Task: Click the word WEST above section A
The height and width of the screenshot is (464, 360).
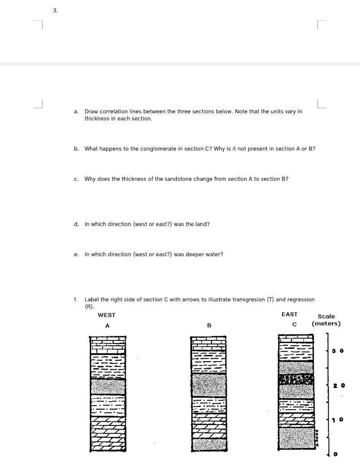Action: (107, 315)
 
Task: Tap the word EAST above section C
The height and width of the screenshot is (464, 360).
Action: (289, 314)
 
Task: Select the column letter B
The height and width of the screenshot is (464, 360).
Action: (209, 325)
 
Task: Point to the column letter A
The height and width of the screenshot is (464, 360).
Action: (107, 325)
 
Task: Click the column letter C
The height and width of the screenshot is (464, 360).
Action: (294, 324)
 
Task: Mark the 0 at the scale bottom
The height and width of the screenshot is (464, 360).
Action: (336, 454)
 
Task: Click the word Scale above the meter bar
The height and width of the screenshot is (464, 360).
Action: (326, 316)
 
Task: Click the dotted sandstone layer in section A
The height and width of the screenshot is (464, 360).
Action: (107, 386)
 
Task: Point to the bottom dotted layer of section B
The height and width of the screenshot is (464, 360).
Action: (209, 444)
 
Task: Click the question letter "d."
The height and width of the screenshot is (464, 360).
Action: (76, 224)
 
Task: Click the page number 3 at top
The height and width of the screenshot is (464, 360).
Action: (54, 11)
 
